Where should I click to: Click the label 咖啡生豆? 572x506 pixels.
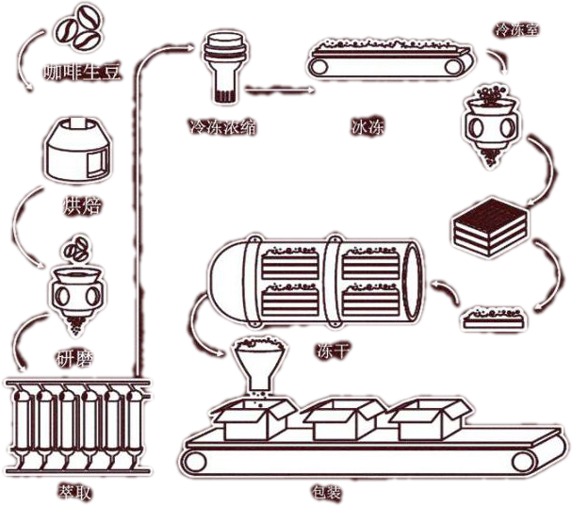[83, 73]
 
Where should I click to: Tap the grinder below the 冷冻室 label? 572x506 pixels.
[493, 119]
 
